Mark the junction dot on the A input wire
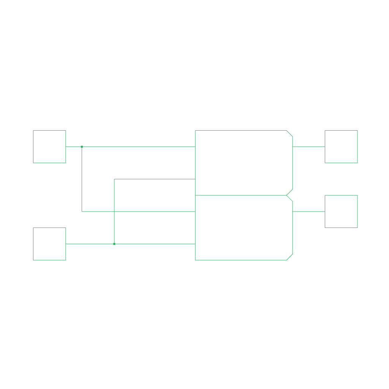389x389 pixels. click(x=82, y=147)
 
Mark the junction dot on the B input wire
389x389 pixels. click(x=114, y=244)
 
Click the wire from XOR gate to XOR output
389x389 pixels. click(x=308, y=147)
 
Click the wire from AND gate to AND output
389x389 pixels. click(x=308, y=212)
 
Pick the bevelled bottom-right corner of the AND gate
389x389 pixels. click(x=289, y=257)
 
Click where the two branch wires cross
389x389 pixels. click(x=114, y=212)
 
